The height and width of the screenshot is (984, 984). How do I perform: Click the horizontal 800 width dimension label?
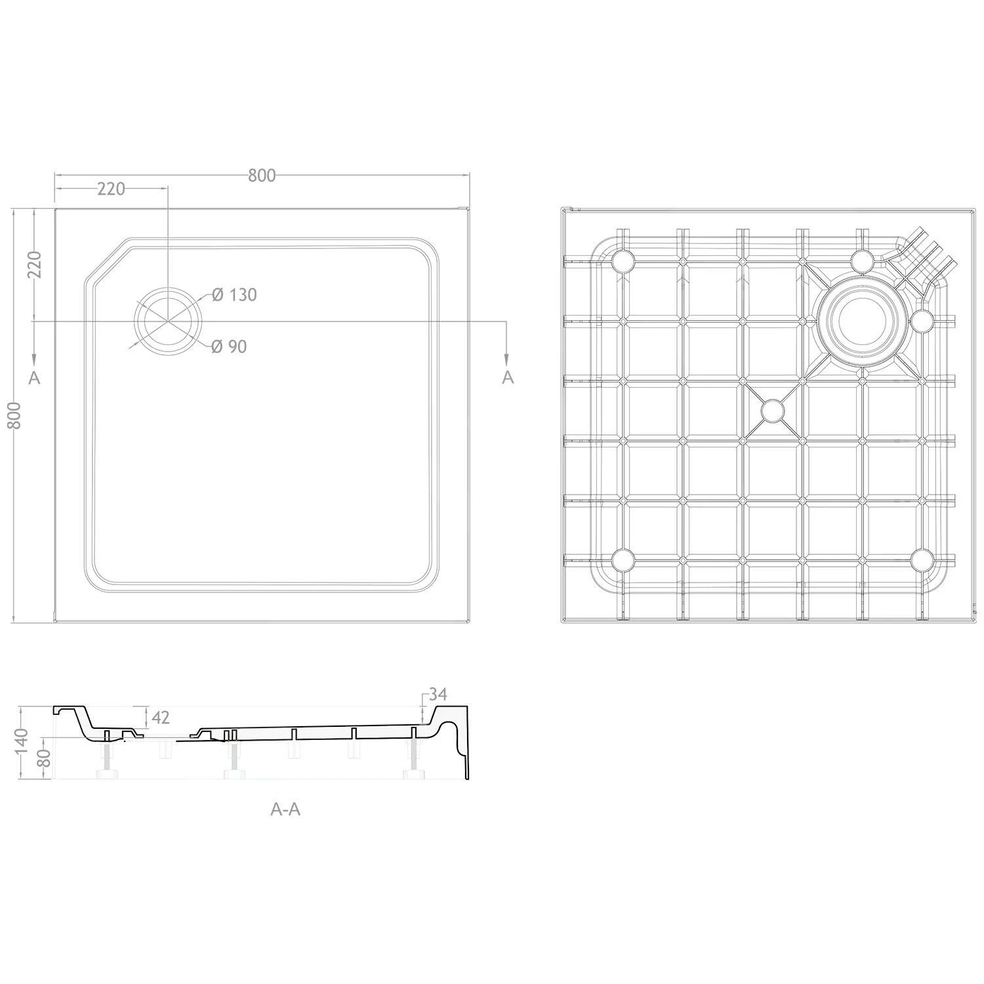point(262,176)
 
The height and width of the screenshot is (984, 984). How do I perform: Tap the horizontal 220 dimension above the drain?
point(111,189)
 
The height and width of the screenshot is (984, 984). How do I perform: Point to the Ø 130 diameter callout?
point(234,295)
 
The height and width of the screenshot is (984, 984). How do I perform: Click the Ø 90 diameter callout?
point(229,346)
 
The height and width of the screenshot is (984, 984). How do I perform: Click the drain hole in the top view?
point(168,321)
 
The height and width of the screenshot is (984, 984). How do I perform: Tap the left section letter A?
point(35,377)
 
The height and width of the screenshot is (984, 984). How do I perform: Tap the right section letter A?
point(508,377)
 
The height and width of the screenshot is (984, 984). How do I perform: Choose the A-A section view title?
point(285,810)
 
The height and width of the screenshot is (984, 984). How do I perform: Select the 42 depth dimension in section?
point(161,718)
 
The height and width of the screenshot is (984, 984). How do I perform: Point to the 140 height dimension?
point(22,741)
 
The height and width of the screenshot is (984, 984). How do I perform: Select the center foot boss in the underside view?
point(773,411)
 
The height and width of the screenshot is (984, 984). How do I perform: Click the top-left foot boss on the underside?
point(623,262)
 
